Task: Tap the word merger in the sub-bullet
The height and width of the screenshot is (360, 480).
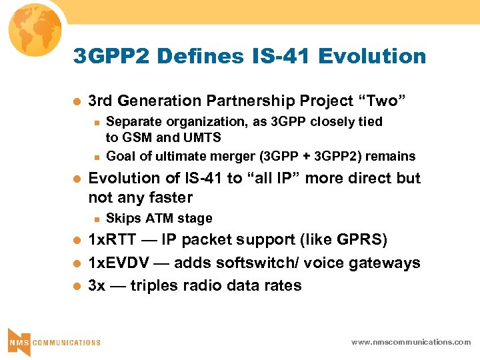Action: coord(230,157)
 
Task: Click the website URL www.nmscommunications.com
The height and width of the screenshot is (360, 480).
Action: coord(411,342)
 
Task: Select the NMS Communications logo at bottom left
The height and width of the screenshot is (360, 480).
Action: coord(53,341)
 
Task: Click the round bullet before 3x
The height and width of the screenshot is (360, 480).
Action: coord(76,286)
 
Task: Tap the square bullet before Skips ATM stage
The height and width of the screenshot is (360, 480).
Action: coord(97,219)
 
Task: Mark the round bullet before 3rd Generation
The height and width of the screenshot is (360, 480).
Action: coord(76,101)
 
